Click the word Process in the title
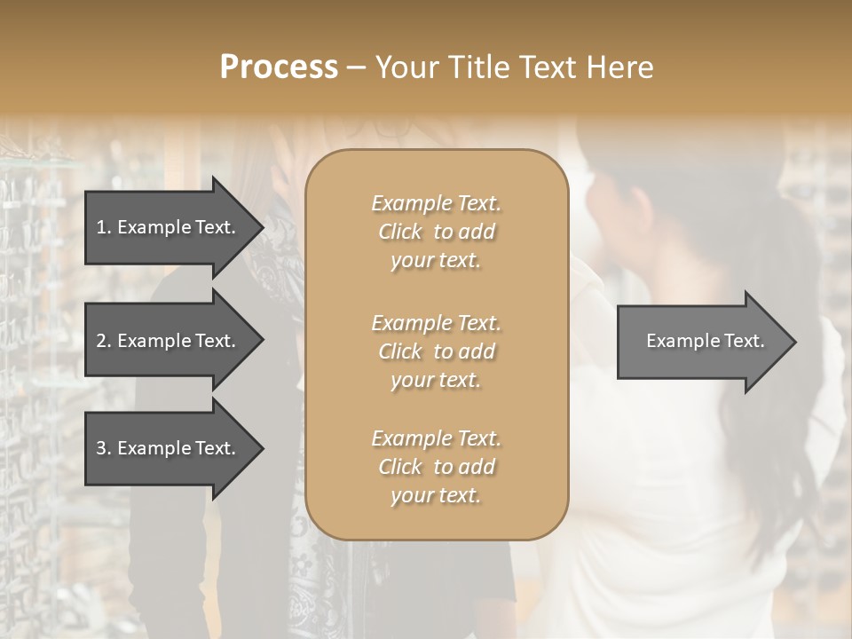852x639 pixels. pyautogui.click(x=279, y=67)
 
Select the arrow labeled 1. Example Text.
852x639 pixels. pyautogui.click(x=169, y=227)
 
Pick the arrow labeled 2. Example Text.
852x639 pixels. pyautogui.click(x=169, y=341)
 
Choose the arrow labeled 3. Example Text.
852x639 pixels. pyautogui.click(x=169, y=448)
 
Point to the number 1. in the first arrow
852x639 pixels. pyautogui.click(x=104, y=227)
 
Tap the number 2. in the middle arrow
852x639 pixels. pyautogui.click(x=104, y=341)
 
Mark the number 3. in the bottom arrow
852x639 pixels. pyautogui.click(x=104, y=448)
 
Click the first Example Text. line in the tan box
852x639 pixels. pyautogui.click(x=436, y=203)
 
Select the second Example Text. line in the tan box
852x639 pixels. pyautogui.click(x=436, y=322)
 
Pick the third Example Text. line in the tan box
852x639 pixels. pyautogui.click(x=436, y=438)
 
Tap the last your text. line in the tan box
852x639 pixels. pyautogui.click(x=436, y=496)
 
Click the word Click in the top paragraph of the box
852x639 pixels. pyautogui.click(x=399, y=232)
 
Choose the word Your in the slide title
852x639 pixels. pyautogui.click(x=406, y=67)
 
